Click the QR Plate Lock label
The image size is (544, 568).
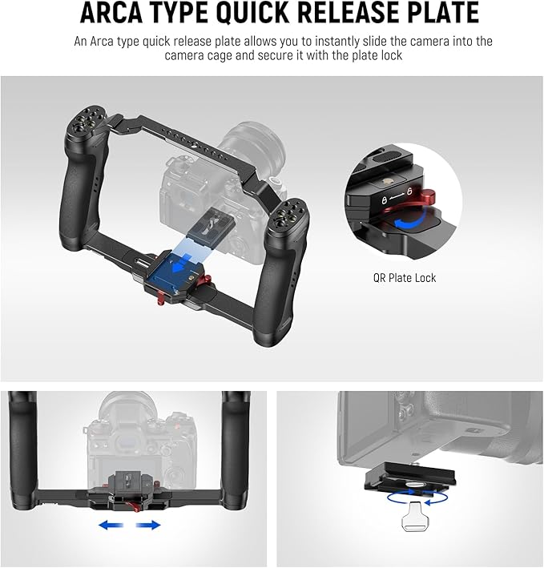coord(405,278)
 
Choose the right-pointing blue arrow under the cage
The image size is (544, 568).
coord(147,525)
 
